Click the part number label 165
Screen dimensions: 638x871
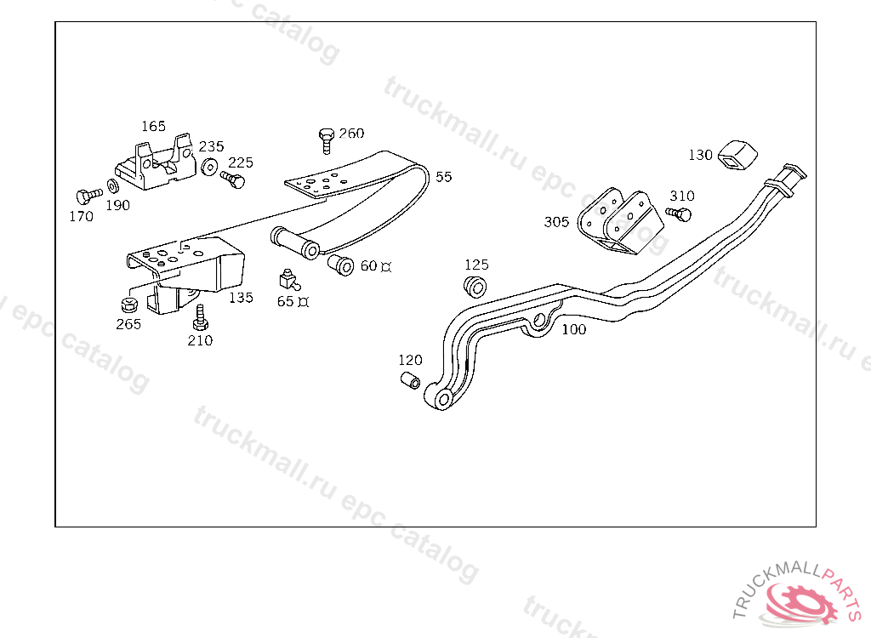pyautogui.click(x=153, y=126)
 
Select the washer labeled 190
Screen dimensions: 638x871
pyautogui.click(x=113, y=186)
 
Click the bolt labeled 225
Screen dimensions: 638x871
pyautogui.click(x=232, y=179)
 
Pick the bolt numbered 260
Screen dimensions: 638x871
pyautogui.click(x=326, y=139)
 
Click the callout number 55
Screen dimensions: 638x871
pyautogui.click(x=444, y=177)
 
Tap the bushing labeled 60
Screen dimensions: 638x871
pyautogui.click(x=341, y=265)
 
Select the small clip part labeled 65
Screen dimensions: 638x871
pyautogui.click(x=287, y=278)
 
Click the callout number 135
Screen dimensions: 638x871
pyautogui.click(x=241, y=298)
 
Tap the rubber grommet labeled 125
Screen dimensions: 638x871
pyautogui.click(x=475, y=284)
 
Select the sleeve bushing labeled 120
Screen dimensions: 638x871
pyautogui.click(x=410, y=379)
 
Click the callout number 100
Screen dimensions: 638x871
pyautogui.click(x=574, y=329)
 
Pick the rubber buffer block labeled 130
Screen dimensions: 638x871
pyautogui.click(x=737, y=153)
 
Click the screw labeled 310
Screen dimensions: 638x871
pyautogui.click(x=680, y=213)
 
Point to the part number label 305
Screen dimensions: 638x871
pyautogui.click(x=556, y=222)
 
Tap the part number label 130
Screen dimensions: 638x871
pyautogui.click(x=700, y=155)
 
